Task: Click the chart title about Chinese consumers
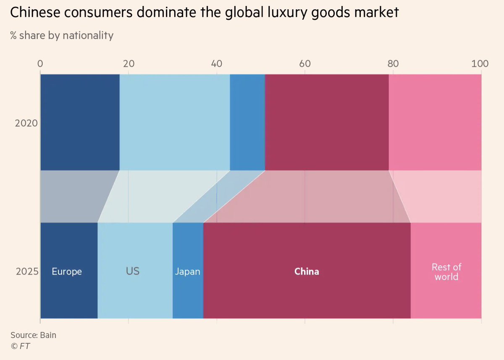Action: pos(204,13)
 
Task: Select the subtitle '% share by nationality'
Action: pos(62,35)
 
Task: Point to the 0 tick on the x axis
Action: pos(40,64)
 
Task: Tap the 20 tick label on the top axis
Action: pos(129,64)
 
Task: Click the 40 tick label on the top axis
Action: pos(217,64)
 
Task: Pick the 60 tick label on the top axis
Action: pos(305,64)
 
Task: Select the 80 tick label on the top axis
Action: pos(393,64)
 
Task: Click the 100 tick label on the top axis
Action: pos(480,64)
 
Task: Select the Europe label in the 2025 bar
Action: pos(67,271)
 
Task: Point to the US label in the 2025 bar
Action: pos(133,271)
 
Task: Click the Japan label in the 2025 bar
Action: pos(187,272)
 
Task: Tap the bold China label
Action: pos(307,271)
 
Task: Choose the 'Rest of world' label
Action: pos(446,272)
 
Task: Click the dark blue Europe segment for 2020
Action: pos(80,122)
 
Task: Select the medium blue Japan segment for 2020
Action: pos(247,122)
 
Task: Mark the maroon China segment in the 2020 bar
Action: pos(327,122)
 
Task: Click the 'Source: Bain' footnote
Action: pos(33,335)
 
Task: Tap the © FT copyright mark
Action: pos(20,346)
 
